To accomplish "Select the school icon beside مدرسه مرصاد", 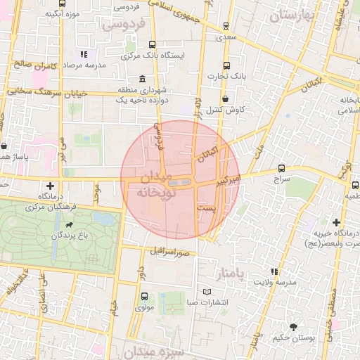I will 83,54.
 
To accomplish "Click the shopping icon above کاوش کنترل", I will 226,98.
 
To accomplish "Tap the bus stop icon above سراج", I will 281,169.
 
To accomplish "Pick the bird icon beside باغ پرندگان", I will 68,226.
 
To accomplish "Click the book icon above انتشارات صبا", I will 206,291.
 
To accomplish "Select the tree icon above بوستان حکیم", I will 294,326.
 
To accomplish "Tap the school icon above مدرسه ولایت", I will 274,271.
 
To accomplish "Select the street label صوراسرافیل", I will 168,250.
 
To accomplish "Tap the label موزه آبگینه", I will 61,13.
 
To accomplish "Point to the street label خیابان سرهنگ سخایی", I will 46,92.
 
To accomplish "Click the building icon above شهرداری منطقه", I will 143,78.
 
